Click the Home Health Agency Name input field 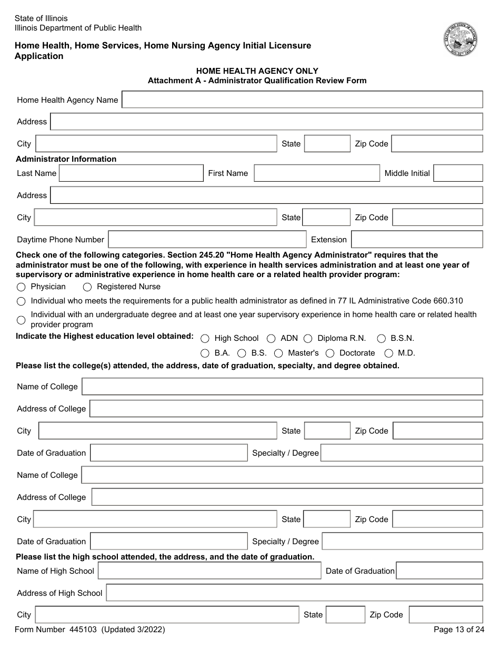[x=302, y=100]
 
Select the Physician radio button [x=21, y=287]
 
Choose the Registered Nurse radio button [x=87, y=287]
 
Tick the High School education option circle [x=205, y=339]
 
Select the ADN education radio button [x=271, y=339]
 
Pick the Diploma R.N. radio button [x=308, y=339]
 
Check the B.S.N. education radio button [x=381, y=339]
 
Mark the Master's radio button [x=278, y=354]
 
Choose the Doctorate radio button [x=330, y=354]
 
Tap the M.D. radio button [x=388, y=354]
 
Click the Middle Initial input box [x=458, y=173]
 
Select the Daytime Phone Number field [x=207, y=239]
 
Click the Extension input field [x=416, y=239]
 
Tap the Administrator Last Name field [x=131, y=173]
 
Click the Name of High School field [x=209, y=571]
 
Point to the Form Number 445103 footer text [x=90, y=630]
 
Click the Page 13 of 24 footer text [x=458, y=630]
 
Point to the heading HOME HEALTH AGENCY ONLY [x=257, y=71]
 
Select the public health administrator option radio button [x=21, y=302]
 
